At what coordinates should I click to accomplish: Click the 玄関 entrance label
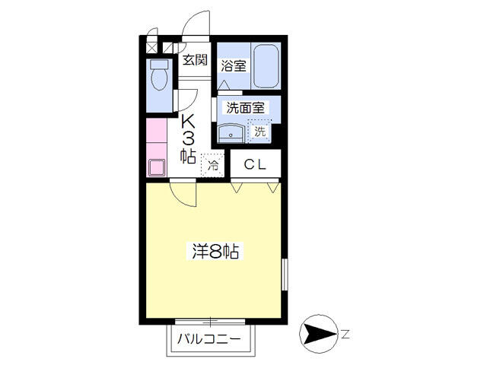click(195, 60)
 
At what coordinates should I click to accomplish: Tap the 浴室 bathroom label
click(234, 66)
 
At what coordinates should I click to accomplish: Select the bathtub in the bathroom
click(266, 66)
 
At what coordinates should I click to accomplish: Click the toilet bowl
click(160, 75)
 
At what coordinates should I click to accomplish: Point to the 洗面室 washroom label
click(245, 108)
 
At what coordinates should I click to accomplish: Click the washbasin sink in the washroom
click(231, 133)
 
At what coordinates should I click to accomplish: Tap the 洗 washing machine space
click(259, 131)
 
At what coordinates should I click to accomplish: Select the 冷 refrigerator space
click(213, 165)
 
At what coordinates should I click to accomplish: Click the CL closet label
click(255, 164)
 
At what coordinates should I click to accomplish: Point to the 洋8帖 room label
click(215, 252)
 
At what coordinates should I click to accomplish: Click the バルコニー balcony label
click(208, 339)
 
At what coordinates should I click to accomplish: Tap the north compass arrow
click(319, 334)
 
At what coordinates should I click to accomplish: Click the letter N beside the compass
click(345, 335)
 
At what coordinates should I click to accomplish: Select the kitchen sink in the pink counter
click(157, 167)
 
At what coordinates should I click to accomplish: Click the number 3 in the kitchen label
click(188, 138)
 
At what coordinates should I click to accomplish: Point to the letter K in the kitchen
click(188, 122)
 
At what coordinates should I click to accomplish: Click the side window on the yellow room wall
click(285, 275)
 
